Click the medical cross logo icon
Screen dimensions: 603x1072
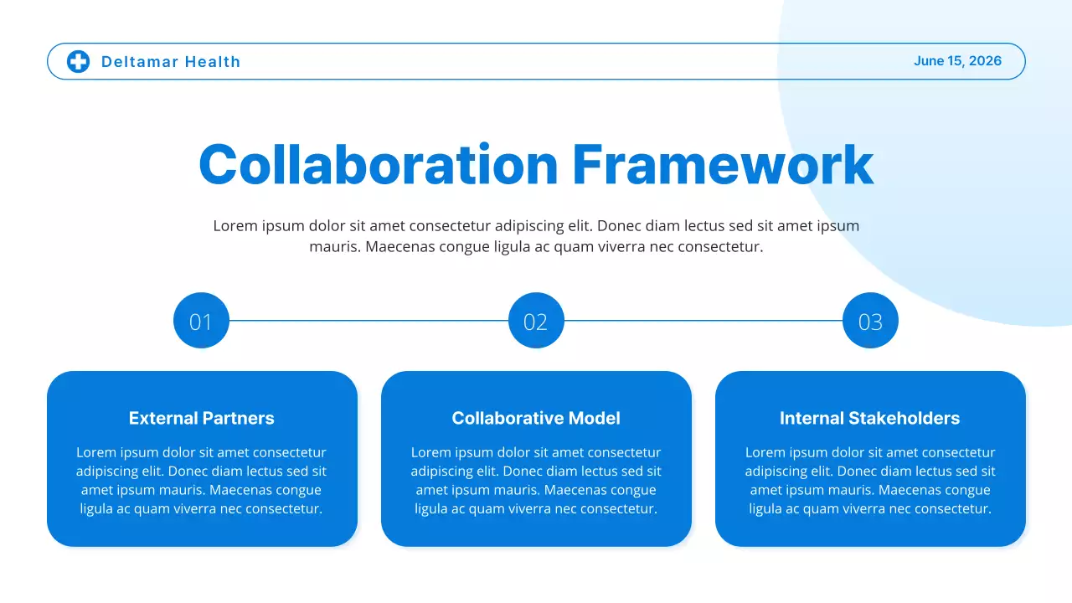tap(78, 61)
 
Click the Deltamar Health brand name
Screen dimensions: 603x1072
tap(171, 62)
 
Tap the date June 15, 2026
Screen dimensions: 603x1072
tap(957, 61)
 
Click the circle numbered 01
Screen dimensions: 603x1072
tap(201, 321)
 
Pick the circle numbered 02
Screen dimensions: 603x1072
tap(536, 321)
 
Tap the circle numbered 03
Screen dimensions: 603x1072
tap(870, 321)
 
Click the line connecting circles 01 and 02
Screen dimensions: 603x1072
tap(368, 320)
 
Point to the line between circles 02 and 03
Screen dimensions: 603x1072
tap(703, 320)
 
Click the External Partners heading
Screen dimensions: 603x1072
tap(201, 418)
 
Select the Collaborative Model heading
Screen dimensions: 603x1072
tap(536, 418)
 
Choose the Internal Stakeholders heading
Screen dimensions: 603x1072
tap(869, 418)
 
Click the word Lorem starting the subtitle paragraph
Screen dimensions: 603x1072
tap(234, 226)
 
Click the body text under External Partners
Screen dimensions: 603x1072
tap(201, 481)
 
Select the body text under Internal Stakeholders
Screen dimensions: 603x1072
tap(870, 481)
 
